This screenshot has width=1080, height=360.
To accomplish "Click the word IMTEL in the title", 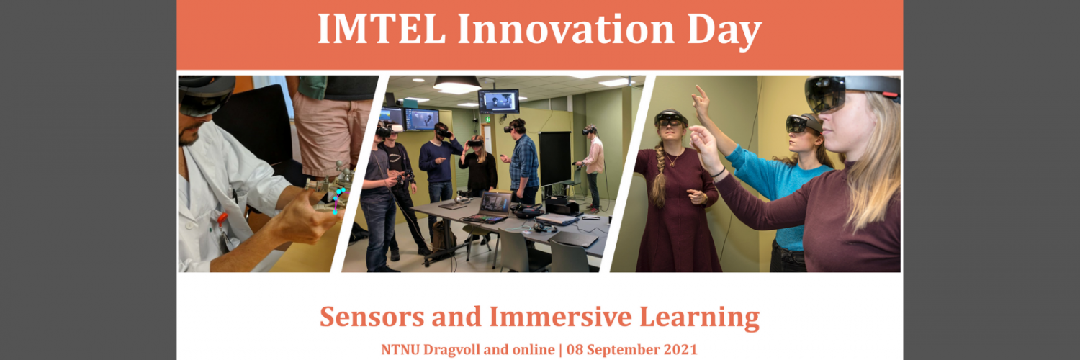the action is [381, 30].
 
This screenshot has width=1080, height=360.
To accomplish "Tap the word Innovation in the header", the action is [565, 30].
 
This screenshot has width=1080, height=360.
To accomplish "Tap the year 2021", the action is [680, 349].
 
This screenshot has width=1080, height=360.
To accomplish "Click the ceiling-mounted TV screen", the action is [498, 102].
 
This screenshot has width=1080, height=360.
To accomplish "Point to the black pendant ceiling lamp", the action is [456, 83].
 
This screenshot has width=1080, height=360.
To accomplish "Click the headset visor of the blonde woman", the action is [826, 93].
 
